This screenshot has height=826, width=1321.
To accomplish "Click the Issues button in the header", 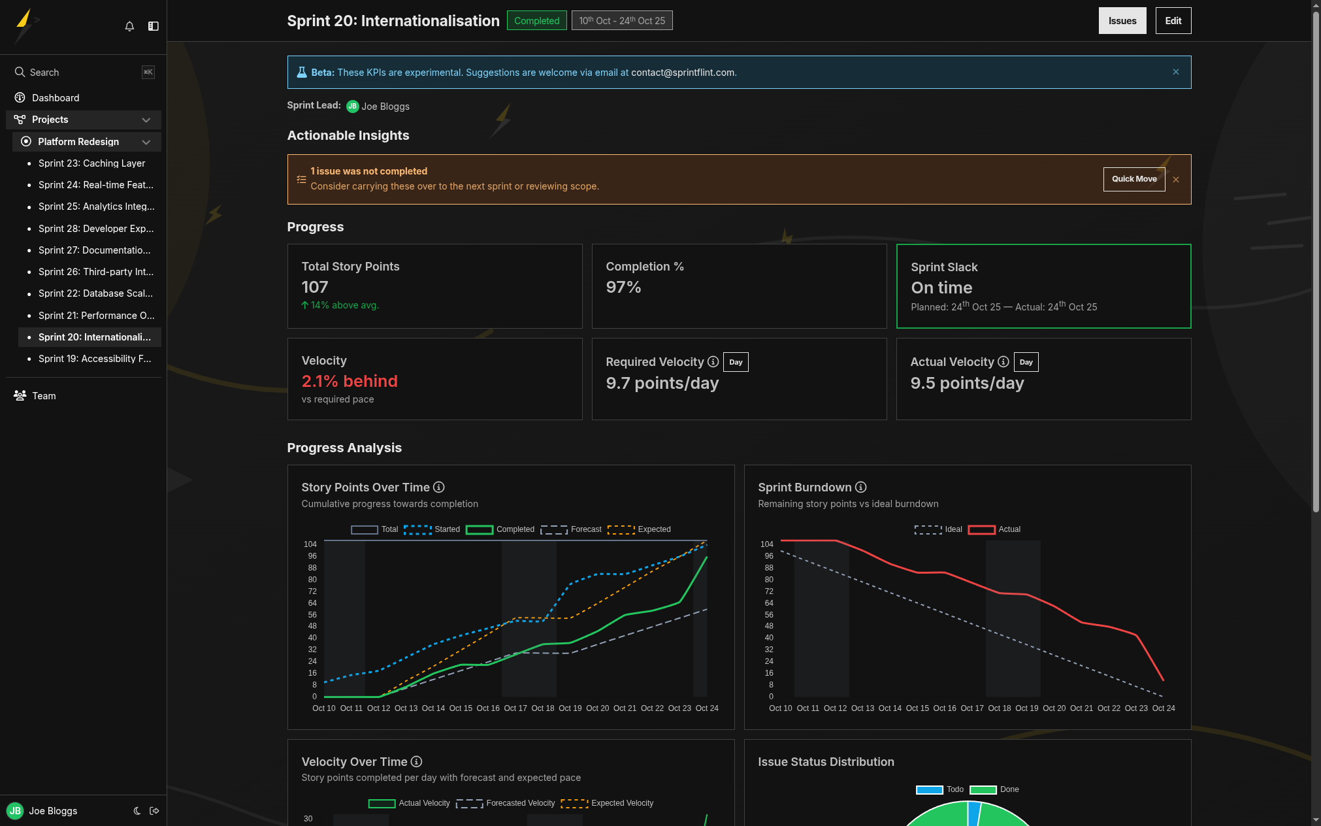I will point(1122,21).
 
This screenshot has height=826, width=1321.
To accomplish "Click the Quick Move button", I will point(1133,179).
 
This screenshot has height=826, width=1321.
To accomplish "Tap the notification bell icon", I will point(129,26).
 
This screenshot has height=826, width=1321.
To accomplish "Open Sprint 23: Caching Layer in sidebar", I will point(91,163).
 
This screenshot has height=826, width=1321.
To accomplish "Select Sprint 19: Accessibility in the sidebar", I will point(94,359).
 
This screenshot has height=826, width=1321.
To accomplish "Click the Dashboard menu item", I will point(56,98).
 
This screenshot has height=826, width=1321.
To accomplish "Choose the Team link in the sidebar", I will point(44,396).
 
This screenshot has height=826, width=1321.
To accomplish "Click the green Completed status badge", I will point(536,21).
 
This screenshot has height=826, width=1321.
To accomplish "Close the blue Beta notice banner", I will point(1175,72).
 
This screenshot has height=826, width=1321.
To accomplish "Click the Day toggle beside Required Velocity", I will point(736,362).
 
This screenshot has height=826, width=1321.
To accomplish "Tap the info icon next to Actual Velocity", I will point(1003,361).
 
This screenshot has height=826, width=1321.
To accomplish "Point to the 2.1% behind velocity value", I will point(350,381).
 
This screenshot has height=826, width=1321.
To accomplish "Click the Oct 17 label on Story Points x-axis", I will point(515,708).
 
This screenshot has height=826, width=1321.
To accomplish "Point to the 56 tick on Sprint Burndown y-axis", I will point(769,615).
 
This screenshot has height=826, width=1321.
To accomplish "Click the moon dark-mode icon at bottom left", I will point(137,811).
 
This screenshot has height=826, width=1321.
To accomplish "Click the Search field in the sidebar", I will point(78,73).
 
